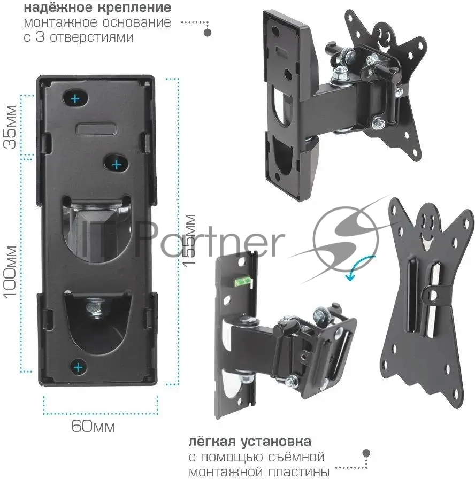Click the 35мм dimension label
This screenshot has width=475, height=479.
tap(10, 127)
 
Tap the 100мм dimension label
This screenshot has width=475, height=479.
tap(10, 272)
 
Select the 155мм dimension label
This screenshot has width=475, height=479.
tap(189, 240)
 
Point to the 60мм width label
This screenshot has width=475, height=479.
tap(93, 426)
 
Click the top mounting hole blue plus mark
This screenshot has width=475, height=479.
tap(75, 99)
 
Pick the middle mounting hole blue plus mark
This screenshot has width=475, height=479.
tap(117, 165)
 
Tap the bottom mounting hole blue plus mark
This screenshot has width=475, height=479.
tap(78, 367)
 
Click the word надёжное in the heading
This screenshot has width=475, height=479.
tap(58, 7)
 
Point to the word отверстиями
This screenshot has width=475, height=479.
tap(91, 37)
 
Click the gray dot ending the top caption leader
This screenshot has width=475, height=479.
tap(208, 33)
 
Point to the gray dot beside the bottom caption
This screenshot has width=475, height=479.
tap(366, 453)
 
